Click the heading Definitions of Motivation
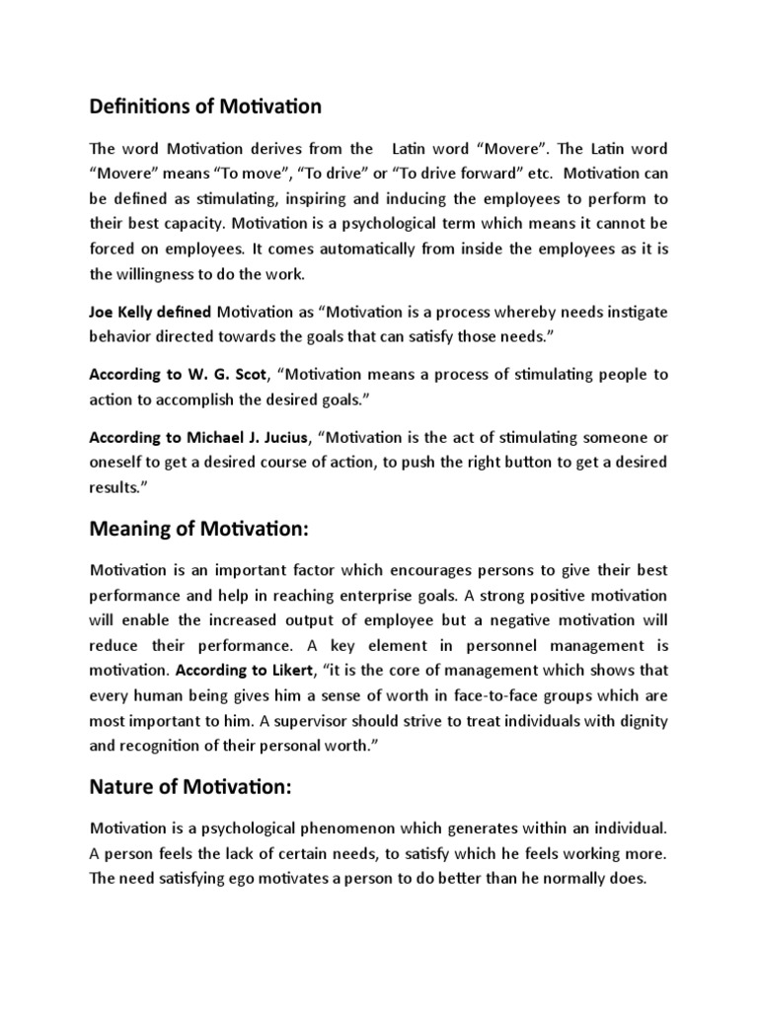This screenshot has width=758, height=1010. [x=205, y=105]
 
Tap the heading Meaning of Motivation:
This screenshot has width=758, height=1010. [x=199, y=530]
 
